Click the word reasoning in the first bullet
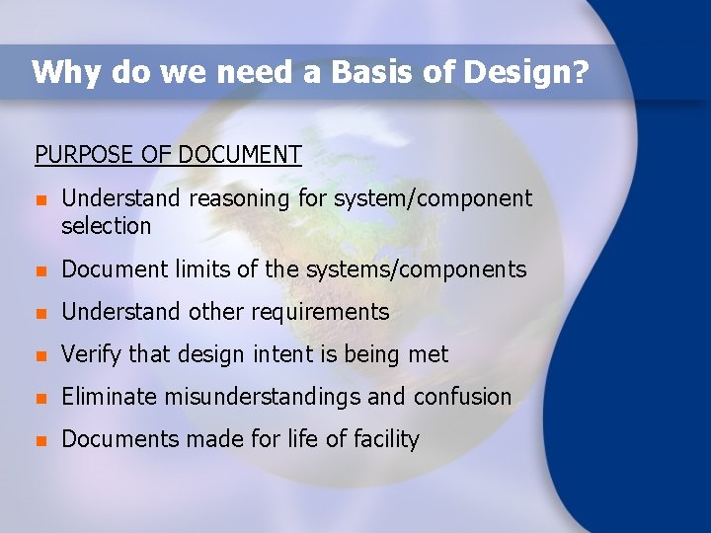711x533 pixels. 240,199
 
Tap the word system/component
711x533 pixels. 433,199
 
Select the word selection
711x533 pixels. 107,226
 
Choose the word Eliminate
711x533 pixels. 108,397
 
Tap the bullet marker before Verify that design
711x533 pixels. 40,355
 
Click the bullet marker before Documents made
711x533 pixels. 40,440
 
